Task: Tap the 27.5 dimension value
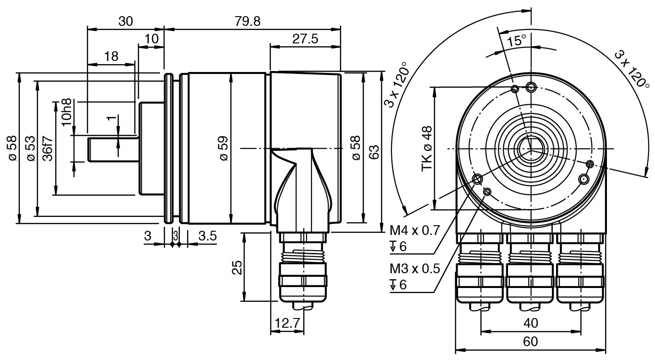pyautogui.click(x=305, y=39)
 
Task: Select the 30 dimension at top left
pyautogui.click(x=125, y=21)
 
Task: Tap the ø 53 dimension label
pyautogui.click(x=31, y=149)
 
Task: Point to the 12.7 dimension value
pyautogui.click(x=287, y=323)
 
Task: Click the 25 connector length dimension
pyautogui.click(x=237, y=268)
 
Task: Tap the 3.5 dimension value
pyautogui.click(x=208, y=236)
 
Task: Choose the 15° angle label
pyautogui.click(x=517, y=41)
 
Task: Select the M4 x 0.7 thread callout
pyautogui.click(x=414, y=230)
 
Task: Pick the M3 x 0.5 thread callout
pyautogui.click(x=414, y=269)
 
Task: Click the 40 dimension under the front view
pyautogui.click(x=531, y=323)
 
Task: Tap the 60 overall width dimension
pyautogui.click(x=531, y=342)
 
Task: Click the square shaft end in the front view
pyautogui.click(x=531, y=149)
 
